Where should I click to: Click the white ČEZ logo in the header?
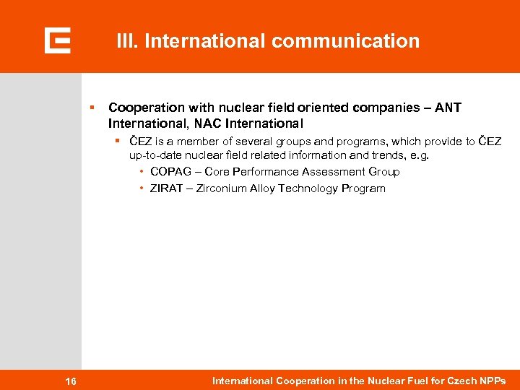57,40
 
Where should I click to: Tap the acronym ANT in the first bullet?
448,108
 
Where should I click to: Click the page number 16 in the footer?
71,381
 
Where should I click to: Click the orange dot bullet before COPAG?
142,172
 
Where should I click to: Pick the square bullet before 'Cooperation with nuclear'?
92,107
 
